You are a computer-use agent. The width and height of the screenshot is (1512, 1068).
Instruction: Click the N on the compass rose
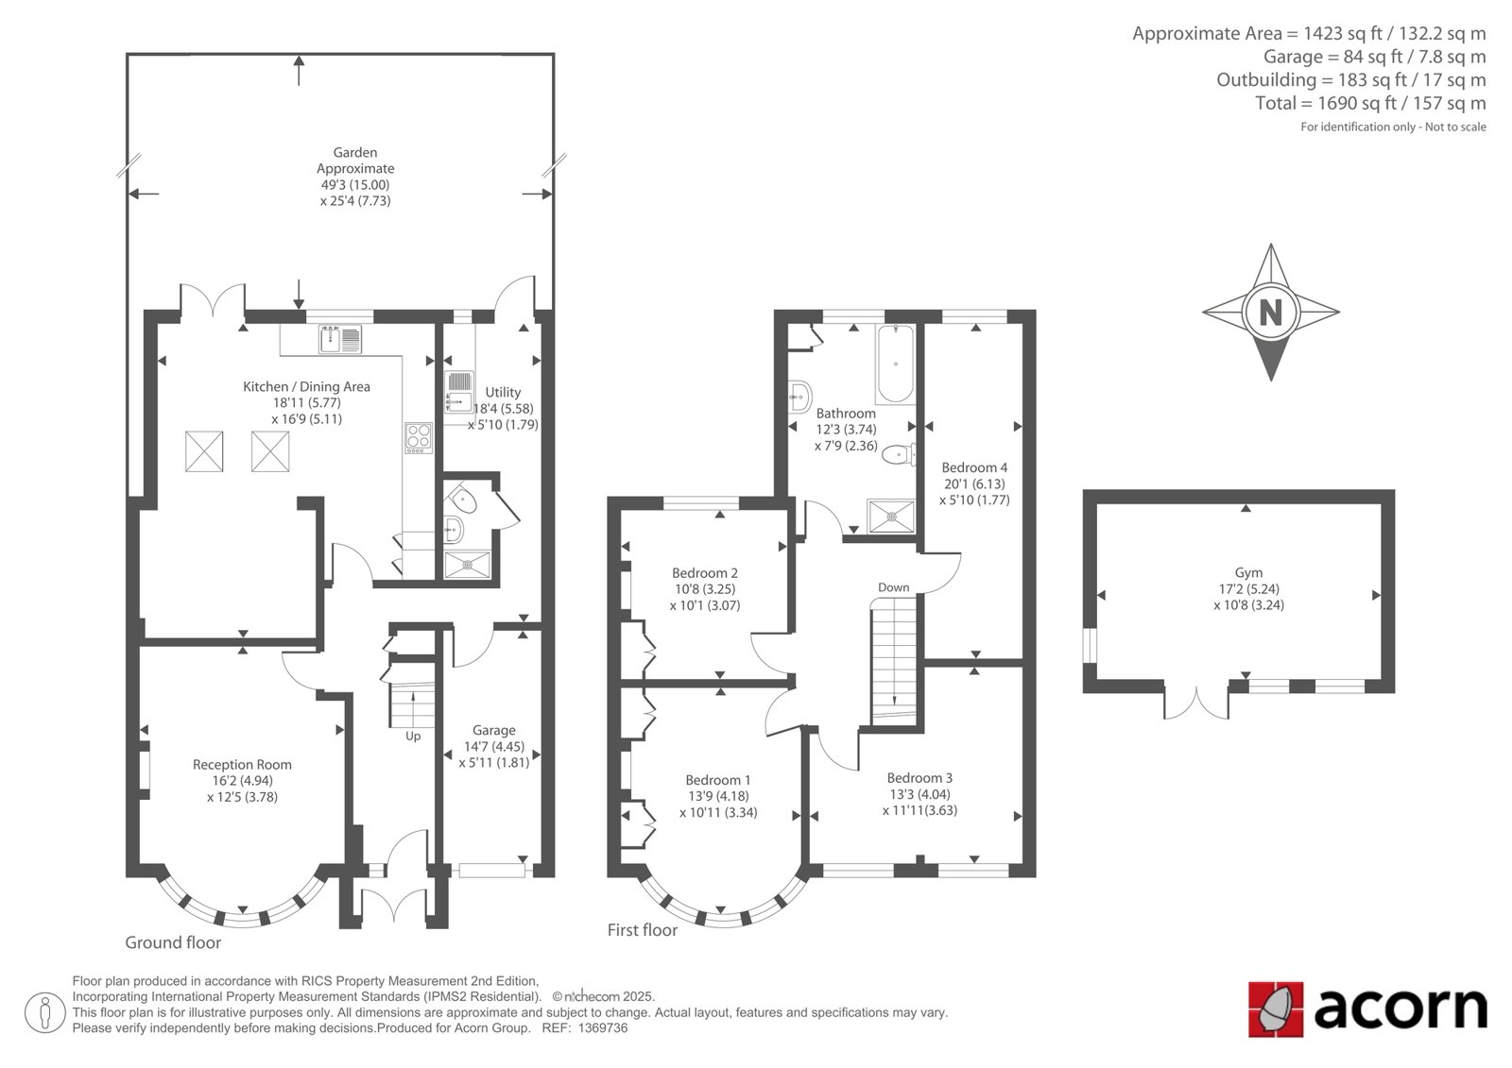coord(1270,314)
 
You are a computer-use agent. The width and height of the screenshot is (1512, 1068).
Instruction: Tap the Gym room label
coord(1248,572)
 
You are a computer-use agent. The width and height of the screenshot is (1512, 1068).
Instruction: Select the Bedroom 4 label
coord(974,467)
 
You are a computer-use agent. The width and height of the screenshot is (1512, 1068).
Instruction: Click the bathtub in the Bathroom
coord(896,364)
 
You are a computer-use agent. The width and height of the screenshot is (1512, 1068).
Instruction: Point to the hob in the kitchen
coord(419,438)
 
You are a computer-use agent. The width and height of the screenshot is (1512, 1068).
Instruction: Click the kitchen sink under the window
coord(340,339)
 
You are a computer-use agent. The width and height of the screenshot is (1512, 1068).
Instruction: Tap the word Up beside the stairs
coord(412,736)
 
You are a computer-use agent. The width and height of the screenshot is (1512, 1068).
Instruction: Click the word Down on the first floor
coord(893,587)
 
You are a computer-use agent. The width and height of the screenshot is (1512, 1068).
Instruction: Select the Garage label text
coord(493,730)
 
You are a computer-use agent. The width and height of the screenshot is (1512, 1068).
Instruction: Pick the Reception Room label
coord(242,764)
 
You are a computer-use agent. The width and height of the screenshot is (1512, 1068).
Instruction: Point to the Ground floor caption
coord(173,942)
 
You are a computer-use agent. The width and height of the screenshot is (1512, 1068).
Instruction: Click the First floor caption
coord(642,930)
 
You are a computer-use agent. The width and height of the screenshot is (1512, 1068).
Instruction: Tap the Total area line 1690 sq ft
coord(1370,103)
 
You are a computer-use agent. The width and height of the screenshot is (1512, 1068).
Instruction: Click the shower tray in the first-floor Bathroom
coord(891,517)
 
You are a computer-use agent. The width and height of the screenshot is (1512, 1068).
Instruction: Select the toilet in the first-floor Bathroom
coord(899,455)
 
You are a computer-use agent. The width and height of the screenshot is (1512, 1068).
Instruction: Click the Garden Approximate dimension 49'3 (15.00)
coord(355,185)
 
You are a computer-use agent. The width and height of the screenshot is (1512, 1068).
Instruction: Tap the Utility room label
coord(503,392)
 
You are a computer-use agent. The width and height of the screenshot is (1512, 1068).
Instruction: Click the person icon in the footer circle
coord(44,1012)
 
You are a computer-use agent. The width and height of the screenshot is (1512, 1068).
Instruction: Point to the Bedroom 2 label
coord(705,573)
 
